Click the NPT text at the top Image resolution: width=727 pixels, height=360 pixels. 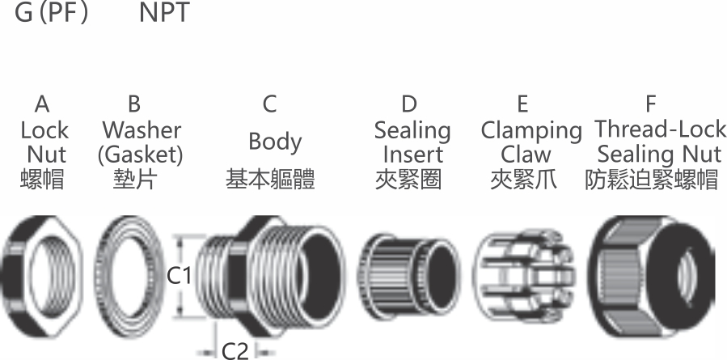point(164,12)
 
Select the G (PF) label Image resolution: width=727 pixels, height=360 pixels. point(51,13)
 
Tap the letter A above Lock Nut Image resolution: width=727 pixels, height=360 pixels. point(42,104)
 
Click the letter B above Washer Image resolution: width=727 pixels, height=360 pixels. point(134,104)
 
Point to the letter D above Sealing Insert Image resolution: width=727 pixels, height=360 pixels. point(409,104)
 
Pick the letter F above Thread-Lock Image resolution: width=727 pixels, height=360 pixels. point(651,104)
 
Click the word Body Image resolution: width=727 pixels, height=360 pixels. point(275,142)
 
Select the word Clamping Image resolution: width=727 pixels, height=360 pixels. point(531,132)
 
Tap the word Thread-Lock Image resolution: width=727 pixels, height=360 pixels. point(661,129)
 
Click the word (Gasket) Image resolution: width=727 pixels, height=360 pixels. point(141,155)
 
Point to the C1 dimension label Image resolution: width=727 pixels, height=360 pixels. point(179,276)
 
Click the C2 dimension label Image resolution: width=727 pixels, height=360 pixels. point(235,351)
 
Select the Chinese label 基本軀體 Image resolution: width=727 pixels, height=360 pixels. point(270,179)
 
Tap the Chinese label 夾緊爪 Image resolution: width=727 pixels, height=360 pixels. point(524,179)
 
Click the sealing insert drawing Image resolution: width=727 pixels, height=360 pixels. point(408,277)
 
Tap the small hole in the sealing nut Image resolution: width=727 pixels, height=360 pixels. point(687,277)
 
